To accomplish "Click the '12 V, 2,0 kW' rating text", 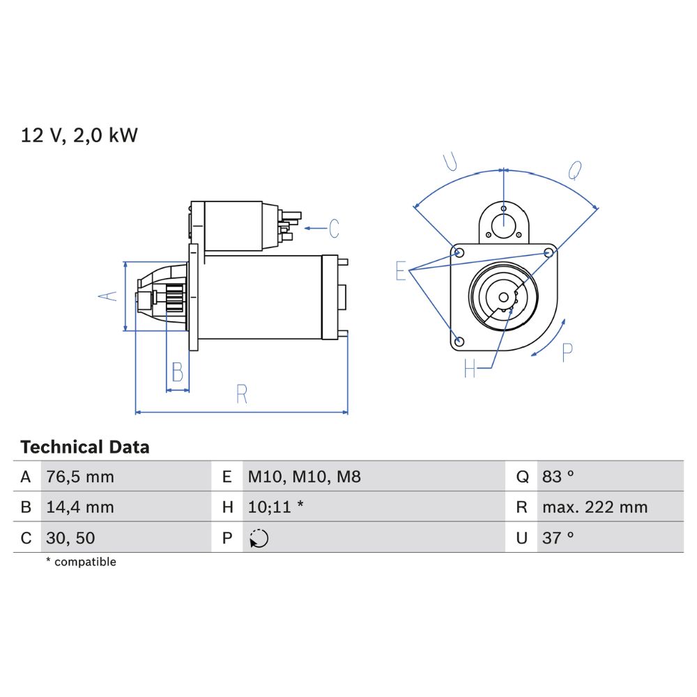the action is tap(79, 135).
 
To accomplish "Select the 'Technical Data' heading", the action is tap(85, 447).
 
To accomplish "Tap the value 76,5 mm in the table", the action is tap(80, 477).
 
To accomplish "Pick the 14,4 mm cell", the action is tap(80, 507).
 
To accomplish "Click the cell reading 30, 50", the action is tap(70, 538).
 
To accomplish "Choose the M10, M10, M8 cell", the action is tap(304, 477).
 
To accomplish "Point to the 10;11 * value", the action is tap(275, 507).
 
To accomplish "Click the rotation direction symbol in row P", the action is tap(259, 538).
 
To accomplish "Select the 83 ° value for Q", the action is tap(558, 477).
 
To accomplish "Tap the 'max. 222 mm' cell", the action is tap(595, 507).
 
